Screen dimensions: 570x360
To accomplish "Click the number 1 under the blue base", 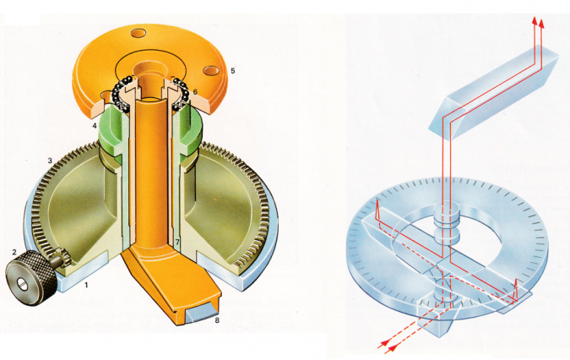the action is (86, 286).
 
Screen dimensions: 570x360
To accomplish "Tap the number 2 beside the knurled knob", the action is (14, 252).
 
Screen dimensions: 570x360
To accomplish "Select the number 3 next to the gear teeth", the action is (50, 161).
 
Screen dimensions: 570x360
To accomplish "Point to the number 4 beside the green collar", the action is (95, 126).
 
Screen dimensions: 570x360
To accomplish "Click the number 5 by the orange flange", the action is (233, 70).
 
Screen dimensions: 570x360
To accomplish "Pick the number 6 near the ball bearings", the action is (195, 92).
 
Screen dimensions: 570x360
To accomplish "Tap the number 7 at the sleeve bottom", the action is (177, 242).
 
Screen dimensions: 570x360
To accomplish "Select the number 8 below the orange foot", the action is (217, 320).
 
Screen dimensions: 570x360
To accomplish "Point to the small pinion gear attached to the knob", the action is (58, 256).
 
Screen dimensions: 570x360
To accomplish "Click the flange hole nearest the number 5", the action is (211, 70).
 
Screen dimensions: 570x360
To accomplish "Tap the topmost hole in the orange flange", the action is (138, 34).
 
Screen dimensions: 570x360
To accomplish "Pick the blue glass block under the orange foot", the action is (201, 312).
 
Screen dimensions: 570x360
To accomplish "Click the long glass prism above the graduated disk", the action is (493, 92).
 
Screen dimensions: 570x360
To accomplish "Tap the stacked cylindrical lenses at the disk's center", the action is (447, 224).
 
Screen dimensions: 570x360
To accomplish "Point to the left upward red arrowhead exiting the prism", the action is (534, 20).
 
